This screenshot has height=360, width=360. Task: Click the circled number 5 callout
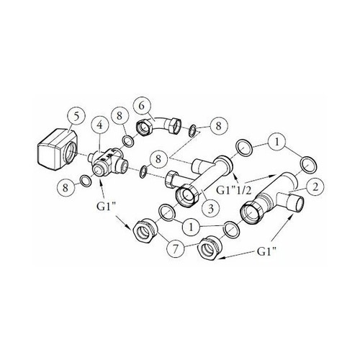[x=76, y=116]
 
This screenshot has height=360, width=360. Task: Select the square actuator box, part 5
[x=58, y=150]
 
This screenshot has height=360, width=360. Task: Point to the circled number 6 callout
[x=142, y=106]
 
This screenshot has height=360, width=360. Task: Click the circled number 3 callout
[x=210, y=209]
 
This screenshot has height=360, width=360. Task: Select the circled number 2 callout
[x=315, y=186]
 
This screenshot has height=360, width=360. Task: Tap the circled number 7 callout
[x=175, y=248]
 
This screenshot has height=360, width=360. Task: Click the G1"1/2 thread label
[x=233, y=190]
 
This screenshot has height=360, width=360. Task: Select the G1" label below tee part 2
[x=266, y=252]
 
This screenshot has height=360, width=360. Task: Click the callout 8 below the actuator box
[x=66, y=188]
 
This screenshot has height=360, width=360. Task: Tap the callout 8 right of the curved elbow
[x=218, y=126]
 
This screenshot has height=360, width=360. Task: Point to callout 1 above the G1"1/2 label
[x=276, y=143]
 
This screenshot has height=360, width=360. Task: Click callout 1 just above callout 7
[x=191, y=227]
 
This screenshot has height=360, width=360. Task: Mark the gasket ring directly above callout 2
[x=308, y=165]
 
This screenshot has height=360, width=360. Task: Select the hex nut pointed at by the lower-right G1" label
[x=209, y=248]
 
